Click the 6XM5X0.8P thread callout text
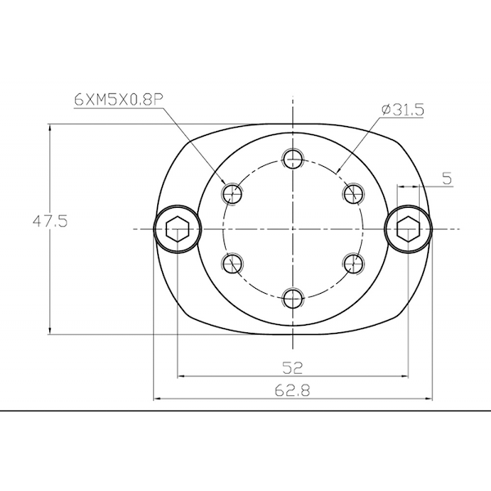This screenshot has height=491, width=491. pos(119,100)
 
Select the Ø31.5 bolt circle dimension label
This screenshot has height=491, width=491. pos(403,110)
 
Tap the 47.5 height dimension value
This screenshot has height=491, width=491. pos(50,222)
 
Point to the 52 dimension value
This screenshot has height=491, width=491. pos(293,367)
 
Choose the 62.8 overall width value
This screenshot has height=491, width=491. pos(292,390)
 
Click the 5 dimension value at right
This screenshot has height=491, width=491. pos(447,178)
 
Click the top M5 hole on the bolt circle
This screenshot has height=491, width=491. pos(293,159)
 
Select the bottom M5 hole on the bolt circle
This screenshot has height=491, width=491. pos(293,299)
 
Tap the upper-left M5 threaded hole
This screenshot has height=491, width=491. pos(232,193)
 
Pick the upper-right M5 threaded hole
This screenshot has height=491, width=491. pos(354,193)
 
